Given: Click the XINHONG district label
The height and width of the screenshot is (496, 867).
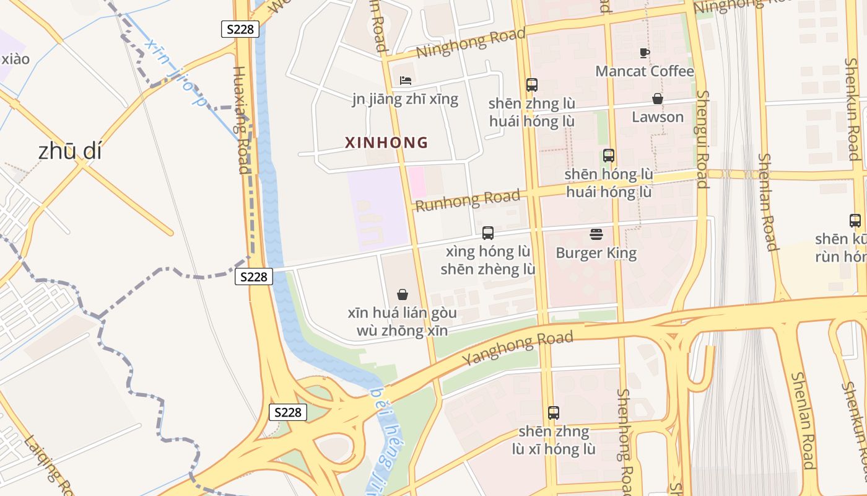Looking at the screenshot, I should coord(386,143).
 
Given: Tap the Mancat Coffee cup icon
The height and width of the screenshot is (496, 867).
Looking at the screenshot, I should coord(645,53).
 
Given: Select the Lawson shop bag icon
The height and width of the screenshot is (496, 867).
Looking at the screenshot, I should coord(658,99).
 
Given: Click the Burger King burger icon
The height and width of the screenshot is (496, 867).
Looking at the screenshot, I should coord(596,234).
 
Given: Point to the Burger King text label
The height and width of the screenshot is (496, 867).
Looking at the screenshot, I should coord(596,253).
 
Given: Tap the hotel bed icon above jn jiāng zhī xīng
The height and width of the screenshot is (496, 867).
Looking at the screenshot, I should coord(406,81).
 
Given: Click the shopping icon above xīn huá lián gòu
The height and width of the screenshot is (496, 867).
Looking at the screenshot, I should coord(403,294).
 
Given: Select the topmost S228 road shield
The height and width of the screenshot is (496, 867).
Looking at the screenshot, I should coord(240,29).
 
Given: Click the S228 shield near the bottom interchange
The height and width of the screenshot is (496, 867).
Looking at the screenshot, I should coord(288,412).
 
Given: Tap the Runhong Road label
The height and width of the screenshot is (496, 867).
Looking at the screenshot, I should coord(468,200).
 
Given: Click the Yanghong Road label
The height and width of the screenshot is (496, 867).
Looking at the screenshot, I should coord(518,348).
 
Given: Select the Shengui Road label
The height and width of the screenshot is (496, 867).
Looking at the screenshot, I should coord(702,139).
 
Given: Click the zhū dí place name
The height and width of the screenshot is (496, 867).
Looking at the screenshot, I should coord(69,151).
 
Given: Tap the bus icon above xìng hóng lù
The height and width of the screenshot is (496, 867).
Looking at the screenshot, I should coord(488,233).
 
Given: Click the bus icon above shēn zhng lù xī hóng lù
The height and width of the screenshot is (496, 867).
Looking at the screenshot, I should coord(554,412).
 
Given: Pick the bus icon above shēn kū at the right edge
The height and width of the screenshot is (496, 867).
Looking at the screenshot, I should coord(855,220).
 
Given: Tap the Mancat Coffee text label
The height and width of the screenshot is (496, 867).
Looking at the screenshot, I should coord(645,71).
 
